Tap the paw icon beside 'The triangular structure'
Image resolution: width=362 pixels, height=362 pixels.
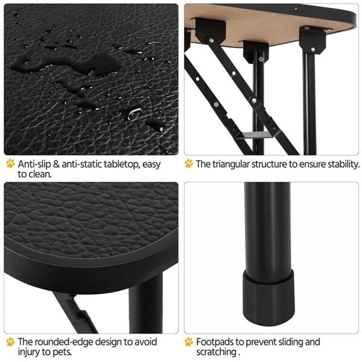(189, 163)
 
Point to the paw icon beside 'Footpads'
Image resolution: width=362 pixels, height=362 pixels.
(189, 341)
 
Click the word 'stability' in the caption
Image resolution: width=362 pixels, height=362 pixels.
(342, 164)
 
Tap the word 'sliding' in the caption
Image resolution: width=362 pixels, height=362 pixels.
(278, 342)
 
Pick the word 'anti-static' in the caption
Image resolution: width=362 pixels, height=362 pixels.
(81, 163)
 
